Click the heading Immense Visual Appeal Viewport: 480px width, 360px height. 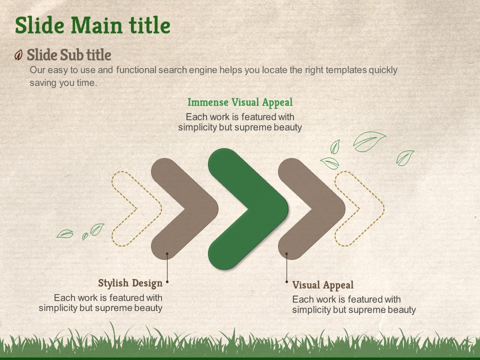240,102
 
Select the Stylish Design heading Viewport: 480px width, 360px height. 130,283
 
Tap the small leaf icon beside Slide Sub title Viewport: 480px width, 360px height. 18,55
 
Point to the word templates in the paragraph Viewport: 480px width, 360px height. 346,70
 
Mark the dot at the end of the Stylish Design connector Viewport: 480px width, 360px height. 167,281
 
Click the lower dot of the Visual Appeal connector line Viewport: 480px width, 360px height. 286,281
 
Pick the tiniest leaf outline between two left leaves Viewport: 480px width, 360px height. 85,236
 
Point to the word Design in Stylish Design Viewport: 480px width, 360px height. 147,283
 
